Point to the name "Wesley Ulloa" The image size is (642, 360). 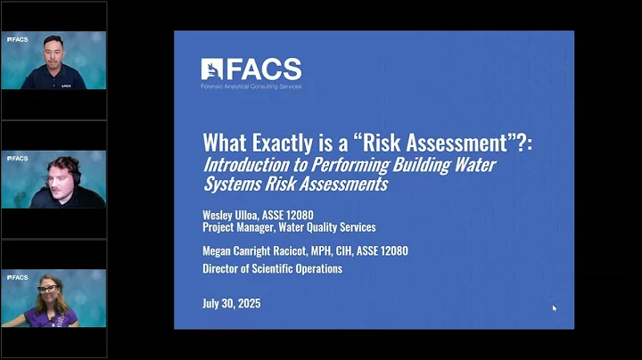(x=235, y=215)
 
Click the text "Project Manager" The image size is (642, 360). (x=241, y=227)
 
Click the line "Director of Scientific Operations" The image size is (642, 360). (x=272, y=268)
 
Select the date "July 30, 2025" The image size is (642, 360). (x=232, y=304)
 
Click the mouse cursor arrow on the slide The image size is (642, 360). (x=554, y=308)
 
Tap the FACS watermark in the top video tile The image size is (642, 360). (x=17, y=39)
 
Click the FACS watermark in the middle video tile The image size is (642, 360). (x=17, y=159)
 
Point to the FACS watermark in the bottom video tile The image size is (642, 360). (x=17, y=277)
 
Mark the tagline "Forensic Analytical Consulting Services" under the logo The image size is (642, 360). (x=251, y=86)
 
